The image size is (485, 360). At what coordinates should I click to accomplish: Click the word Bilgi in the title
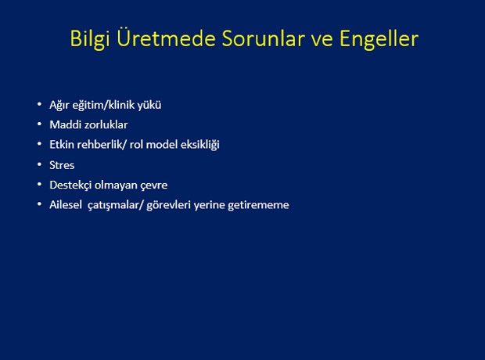[90, 39]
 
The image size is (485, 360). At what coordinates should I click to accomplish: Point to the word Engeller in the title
[379, 39]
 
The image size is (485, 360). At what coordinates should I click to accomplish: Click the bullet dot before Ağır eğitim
[39, 104]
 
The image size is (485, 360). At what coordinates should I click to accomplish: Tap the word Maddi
[65, 124]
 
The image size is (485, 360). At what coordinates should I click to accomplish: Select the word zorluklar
[106, 124]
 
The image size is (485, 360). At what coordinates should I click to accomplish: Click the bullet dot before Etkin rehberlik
[39, 144]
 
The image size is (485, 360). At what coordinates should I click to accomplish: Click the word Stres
[62, 165]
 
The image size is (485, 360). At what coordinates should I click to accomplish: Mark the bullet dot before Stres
[39, 164]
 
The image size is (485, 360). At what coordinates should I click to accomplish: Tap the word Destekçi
[70, 185]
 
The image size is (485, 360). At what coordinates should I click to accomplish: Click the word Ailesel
[66, 204]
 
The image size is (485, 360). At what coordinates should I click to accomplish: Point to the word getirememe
[259, 206]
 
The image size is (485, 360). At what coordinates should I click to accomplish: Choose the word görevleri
[168, 206]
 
